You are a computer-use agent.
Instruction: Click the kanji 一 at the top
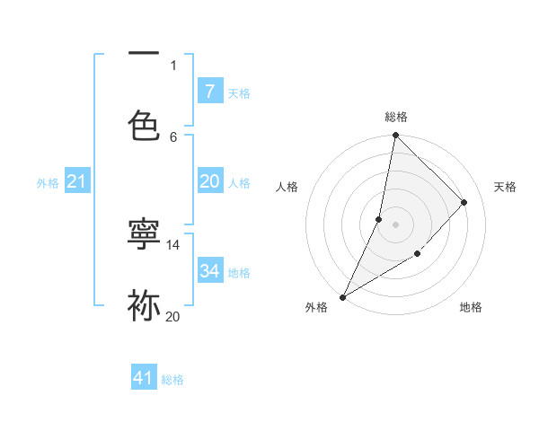(x=144, y=54)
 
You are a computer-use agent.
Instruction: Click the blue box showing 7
(x=210, y=92)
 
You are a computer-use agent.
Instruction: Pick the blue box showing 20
(x=210, y=181)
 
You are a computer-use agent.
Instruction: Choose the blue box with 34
(x=210, y=271)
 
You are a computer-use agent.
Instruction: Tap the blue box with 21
(x=77, y=182)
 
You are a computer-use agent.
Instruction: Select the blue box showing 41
(x=144, y=379)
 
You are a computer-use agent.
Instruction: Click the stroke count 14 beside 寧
(x=173, y=244)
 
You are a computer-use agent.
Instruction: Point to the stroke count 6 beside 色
(x=173, y=136)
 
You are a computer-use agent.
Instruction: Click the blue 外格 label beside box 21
(x=48, y=183)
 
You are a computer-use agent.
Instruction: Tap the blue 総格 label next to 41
(x=172, y=380)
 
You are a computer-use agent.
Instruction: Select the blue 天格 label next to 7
(x=239, y=92)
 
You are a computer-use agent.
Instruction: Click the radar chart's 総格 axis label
(x=395, y=117)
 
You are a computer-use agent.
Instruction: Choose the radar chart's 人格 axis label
(x=287, y=187)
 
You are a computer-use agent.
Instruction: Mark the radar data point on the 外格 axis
(x=342, y=296)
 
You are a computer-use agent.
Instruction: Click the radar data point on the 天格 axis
(x=464, y=202)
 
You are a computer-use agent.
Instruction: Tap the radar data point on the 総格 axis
(x=395, y=135)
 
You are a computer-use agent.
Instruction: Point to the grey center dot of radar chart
(x=395, y=224)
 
